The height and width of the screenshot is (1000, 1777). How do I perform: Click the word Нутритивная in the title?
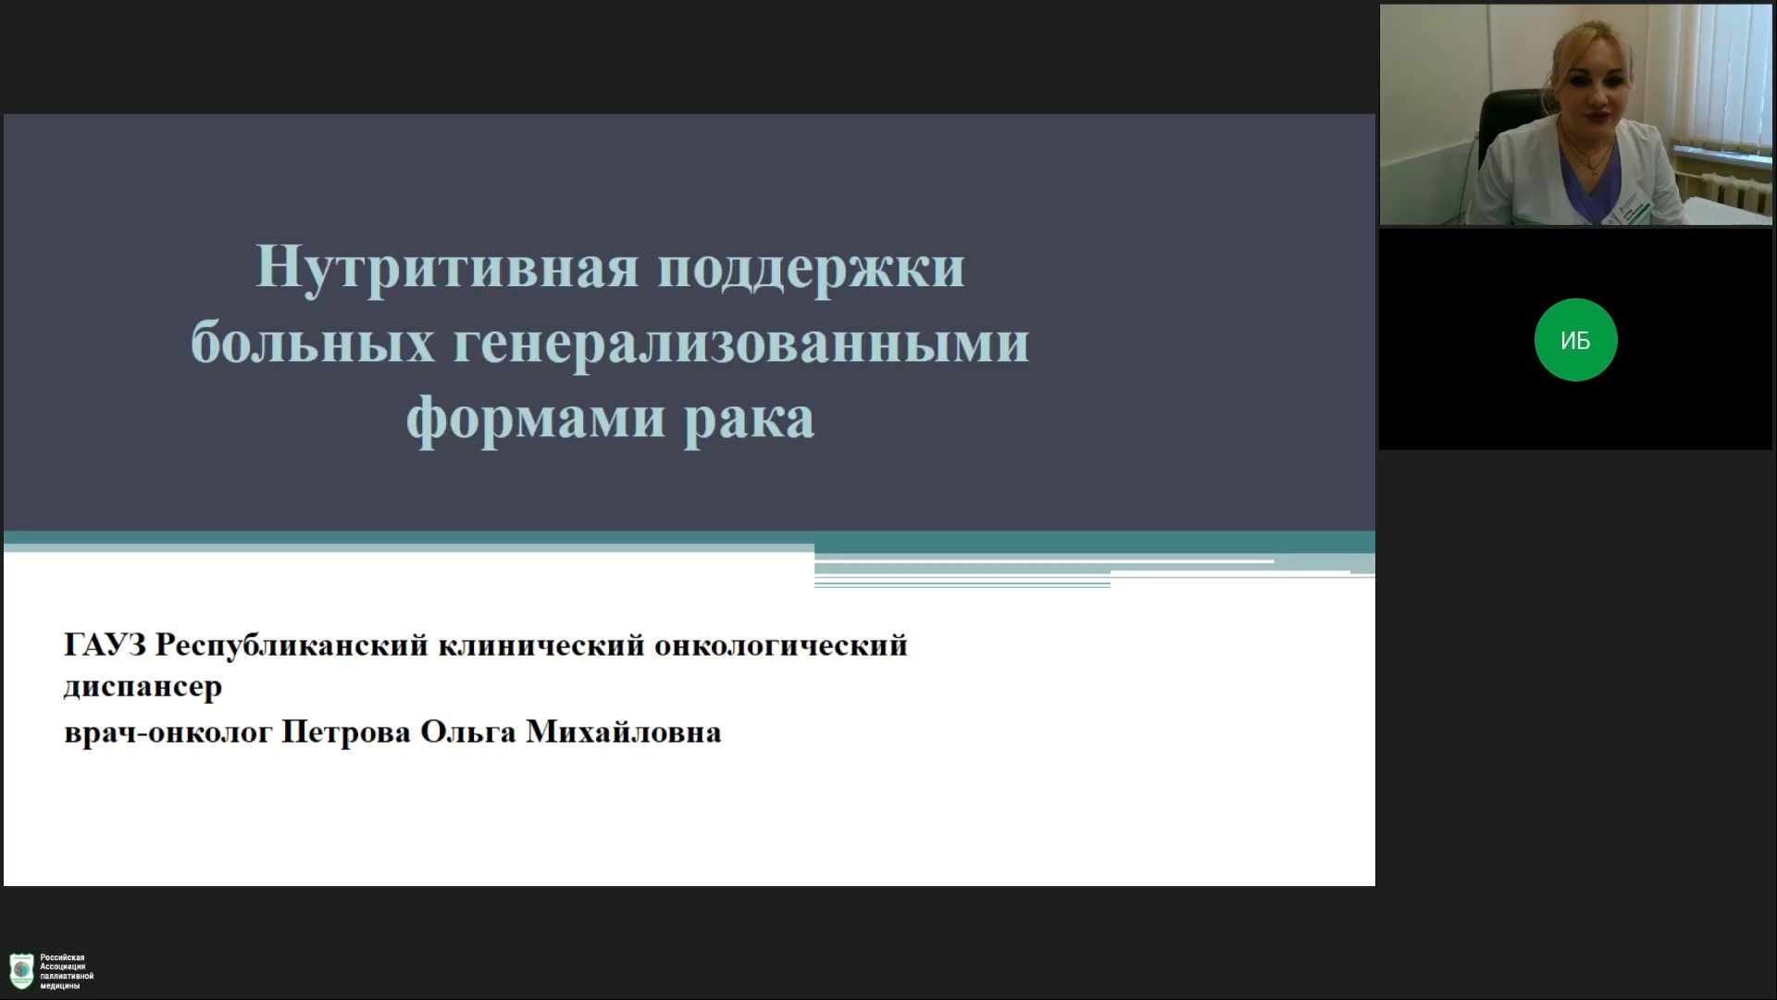(447, 267)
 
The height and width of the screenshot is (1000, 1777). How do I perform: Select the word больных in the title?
(313, 342)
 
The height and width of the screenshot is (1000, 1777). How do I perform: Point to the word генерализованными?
(741, 344)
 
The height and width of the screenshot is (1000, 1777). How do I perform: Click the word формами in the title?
(536, 419)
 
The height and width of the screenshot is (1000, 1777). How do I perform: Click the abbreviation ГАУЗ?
(105, 644)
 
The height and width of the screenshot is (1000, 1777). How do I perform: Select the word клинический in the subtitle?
(541, 645)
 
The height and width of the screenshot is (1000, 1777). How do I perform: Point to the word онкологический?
(780, 645)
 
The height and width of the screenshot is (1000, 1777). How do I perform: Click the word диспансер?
(143, 688)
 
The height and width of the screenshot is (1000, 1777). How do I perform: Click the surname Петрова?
(345, 731)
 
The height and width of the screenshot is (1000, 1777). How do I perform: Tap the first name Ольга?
(467, 731)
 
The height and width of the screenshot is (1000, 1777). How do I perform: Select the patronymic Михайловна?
(623, 731)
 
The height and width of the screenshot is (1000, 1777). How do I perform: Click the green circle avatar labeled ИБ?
(1575, 340)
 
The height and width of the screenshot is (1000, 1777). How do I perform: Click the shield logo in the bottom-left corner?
(21, 971)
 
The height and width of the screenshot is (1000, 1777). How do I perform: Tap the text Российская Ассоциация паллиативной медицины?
(67, 971)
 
